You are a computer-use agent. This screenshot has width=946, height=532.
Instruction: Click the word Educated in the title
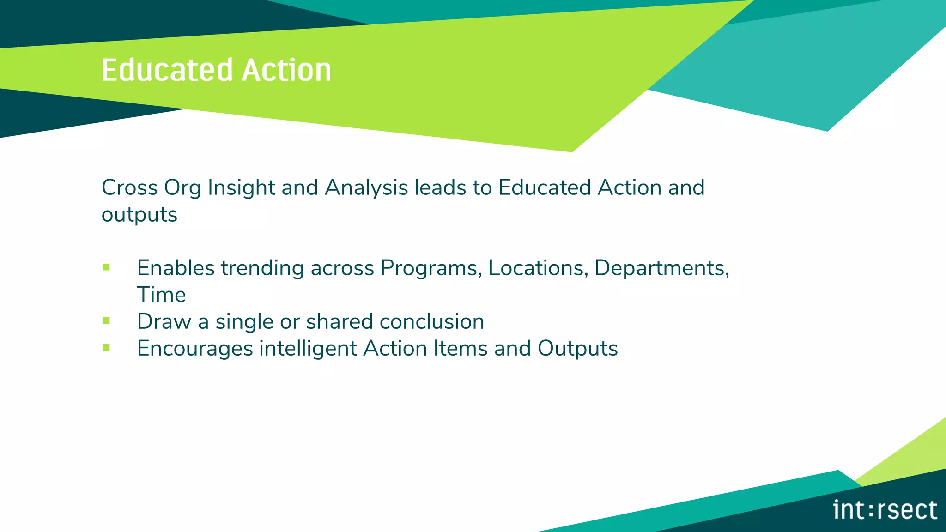pyautogui.click(x=167, y=71)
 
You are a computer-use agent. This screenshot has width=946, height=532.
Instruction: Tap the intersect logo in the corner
pyautogui.click(x=885, y=510)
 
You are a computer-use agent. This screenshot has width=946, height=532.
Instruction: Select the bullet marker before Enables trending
pyautogui.click(x=107, y=267)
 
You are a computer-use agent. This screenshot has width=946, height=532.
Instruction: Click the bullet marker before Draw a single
pyautogui.click(x=107, y=320)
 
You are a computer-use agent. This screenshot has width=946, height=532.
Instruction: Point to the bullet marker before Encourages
pyautogui.click(x=107, y=347)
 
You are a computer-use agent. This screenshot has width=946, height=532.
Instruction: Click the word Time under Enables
pyautogui.click(x=161, y=295)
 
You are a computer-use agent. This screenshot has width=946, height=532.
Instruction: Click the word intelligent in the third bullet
pyautogui.click(x=308, y=349)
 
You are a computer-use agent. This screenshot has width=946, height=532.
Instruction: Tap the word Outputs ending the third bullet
pyautogui.click(x=577, y=349)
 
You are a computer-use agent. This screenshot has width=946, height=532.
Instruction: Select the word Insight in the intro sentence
pyautogui.click(x=241, y=188)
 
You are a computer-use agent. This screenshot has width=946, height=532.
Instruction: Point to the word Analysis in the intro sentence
pyautogui.click(x=366, y=188)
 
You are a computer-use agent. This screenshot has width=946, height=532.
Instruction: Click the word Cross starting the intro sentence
pyautogui.click(x=129, y=188)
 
